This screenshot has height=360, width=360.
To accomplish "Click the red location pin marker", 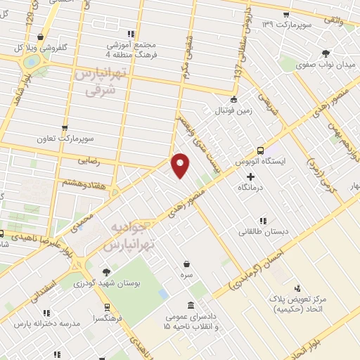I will point(181,165).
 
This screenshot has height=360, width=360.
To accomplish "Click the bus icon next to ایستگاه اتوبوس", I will point(260,150).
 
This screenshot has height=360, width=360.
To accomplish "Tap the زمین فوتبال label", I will point(233,110).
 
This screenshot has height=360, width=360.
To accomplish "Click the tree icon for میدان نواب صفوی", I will point(325,53).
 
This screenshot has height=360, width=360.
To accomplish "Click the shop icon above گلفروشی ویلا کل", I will point(43,37).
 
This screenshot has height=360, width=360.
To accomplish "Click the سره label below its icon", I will point(186,274).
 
